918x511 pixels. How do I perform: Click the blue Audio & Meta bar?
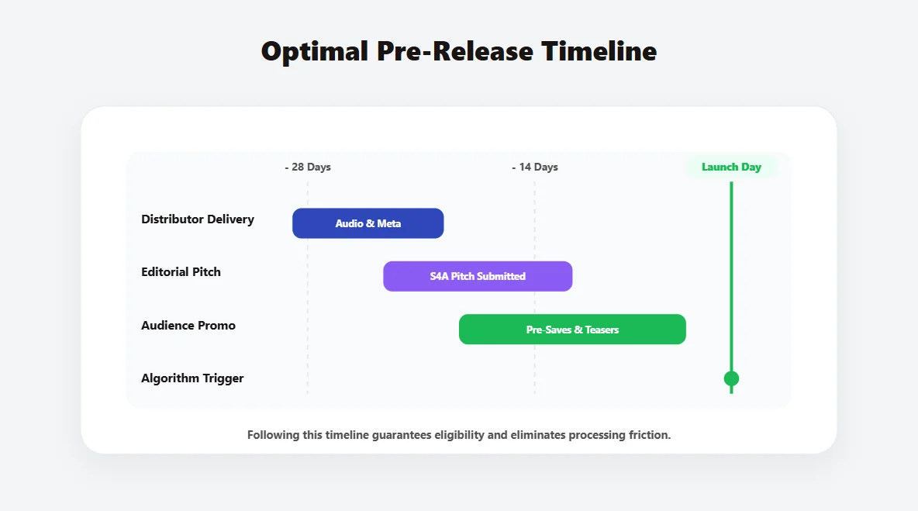368,223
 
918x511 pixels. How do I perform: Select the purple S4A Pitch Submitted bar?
478,276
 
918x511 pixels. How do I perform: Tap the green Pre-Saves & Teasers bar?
572,330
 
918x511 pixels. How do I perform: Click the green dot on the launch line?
731,378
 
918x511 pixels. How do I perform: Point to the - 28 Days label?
308,167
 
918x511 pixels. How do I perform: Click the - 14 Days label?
535,167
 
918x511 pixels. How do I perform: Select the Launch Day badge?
731,167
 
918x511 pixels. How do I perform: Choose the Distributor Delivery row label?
198,219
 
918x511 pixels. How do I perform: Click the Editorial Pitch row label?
181,272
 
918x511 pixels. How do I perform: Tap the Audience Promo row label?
188,326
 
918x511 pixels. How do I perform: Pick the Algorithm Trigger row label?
192,378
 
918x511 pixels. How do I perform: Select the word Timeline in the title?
599,51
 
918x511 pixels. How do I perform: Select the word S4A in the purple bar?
439,276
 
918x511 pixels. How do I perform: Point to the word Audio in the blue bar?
349,223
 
